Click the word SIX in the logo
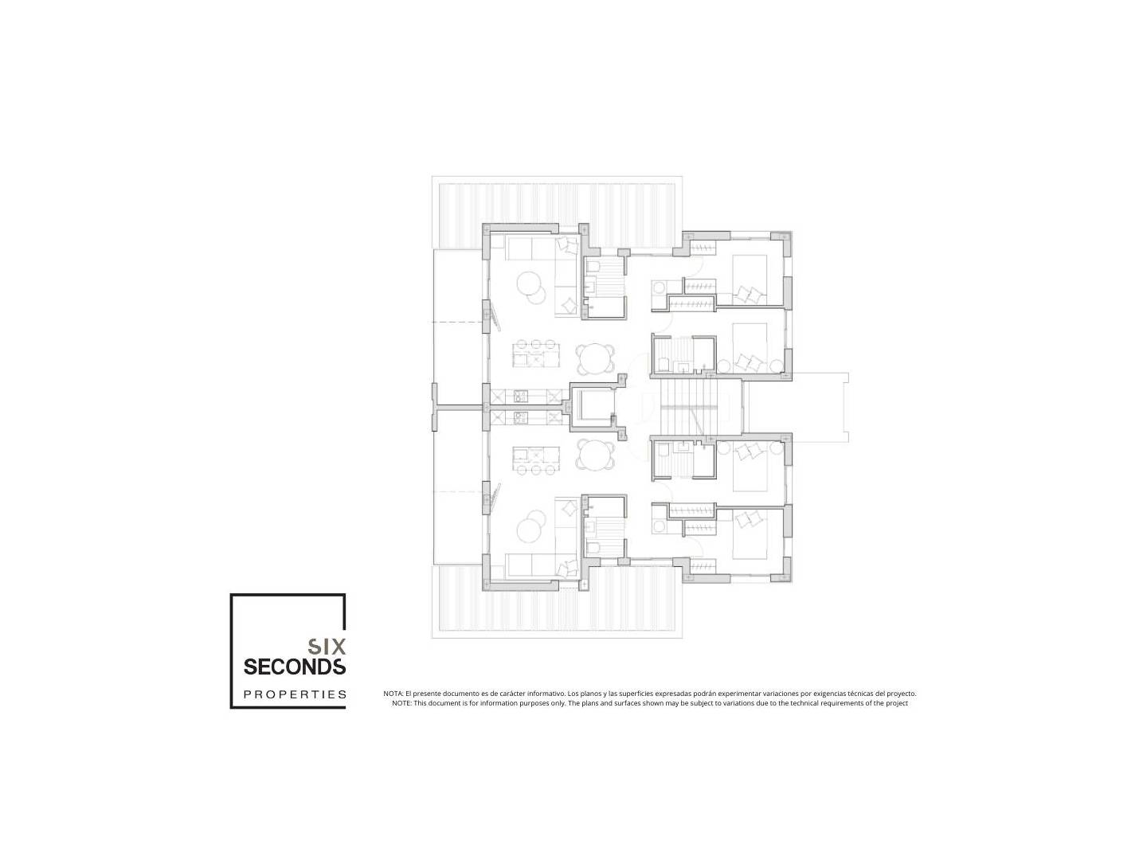pos(327,647)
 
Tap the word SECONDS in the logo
pos(295,666)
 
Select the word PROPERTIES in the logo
pos(295,694)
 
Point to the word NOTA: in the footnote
pos(393,694)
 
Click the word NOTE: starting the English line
pos(401,703)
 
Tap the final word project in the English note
pos(897,704)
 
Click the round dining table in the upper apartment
pos(597,358)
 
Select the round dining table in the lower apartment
pos(597,455)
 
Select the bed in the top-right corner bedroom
pos(749,279)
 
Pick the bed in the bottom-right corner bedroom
pos(749,534)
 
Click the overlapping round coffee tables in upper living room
pos(531,287)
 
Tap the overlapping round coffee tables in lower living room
pos(531,527)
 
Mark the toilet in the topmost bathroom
pos(593,268)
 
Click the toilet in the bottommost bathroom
pos(593,547)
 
